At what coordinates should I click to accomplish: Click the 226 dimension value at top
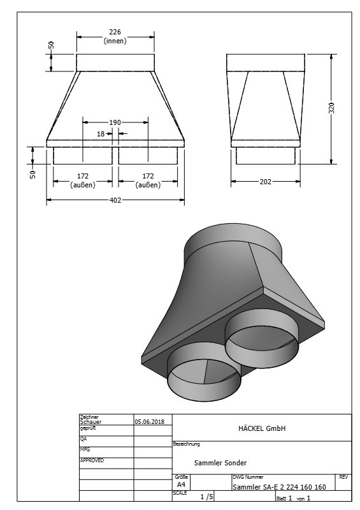pyautogui.click(x=115, y=32)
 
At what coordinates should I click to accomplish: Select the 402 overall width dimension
pyautogui.click(x=115, y=200)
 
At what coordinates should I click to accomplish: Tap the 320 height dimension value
pyautogui.click(x=331, y=108)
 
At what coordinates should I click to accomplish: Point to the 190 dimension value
pyautogui.click(x=115, y=122)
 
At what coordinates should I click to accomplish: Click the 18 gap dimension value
pyautogui.click(x=101, y=134)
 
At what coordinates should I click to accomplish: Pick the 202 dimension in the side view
pyautogui.click(x=265, y=182)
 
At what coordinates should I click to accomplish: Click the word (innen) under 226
pyautogui.click(x=115, y=41)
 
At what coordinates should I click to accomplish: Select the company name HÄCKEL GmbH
pyautogui.click(x=262, y=428)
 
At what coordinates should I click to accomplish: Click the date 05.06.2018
pyautogui.click(x=150, y=421)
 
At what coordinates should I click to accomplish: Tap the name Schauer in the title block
pyautogui.click(x=90, y=422)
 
